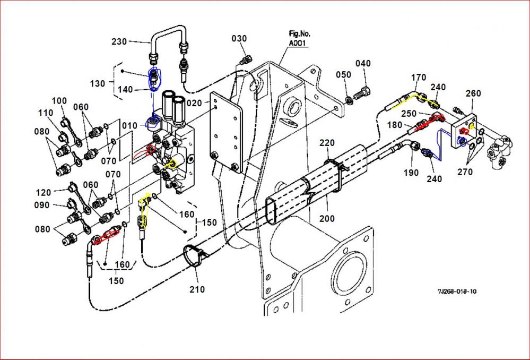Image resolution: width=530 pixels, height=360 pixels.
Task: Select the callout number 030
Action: pyautogui.click(x=239, y=38)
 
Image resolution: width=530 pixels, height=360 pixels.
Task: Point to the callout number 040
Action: pyautogui.click(x=363, y=64)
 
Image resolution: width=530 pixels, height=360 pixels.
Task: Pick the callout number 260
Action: pyautogui.click(x=473, y=93)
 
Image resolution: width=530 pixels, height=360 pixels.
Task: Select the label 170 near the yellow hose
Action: pyautogui.click(x=419, y=78)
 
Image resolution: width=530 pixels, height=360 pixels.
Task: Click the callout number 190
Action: pyautogui.click(x=411, y=173)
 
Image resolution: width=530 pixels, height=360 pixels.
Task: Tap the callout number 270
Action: pyautogui.click(x=465, y=172)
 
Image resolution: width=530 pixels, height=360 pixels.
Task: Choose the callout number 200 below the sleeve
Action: pyautogui.click(x=327, y=218)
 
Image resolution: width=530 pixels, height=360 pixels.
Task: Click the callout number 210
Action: pyautogui.click(x=196, y=289)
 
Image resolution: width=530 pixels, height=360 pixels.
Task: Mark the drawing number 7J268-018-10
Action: pyautogui.click(x=457, y=292)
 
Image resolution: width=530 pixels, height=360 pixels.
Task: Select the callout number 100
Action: pyautogui.click(x=59, y=101)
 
